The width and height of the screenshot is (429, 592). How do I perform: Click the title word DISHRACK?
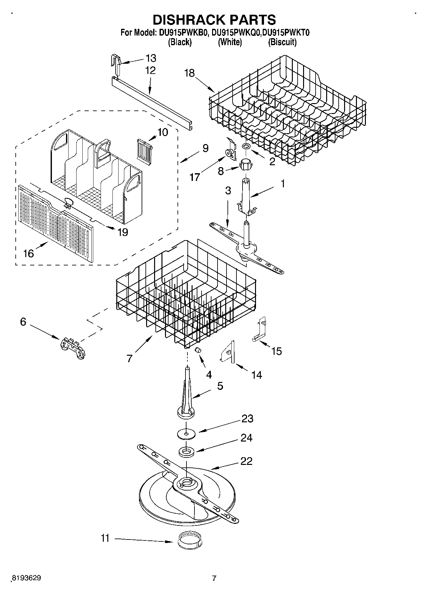(188, 20)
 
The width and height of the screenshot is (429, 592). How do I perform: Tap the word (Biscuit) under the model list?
(282, 42)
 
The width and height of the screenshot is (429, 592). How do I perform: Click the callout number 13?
(151, 58)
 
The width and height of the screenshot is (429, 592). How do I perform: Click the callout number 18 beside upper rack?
(190, 73)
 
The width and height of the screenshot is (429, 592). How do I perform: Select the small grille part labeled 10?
(144, 149)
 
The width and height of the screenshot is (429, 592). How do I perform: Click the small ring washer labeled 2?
(246, 147)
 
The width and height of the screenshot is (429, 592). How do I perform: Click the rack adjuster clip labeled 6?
(73, 348)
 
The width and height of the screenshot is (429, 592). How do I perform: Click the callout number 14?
(257, 375)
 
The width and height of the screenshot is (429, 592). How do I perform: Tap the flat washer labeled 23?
(186, 434)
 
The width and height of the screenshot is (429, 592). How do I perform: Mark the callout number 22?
(246, 461)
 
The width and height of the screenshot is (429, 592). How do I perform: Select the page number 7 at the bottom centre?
(214, 578)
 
